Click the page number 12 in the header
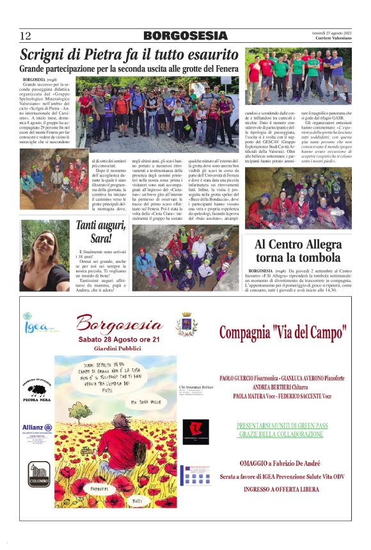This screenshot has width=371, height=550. [x=26, y=36]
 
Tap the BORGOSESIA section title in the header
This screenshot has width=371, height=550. [x=185, y=36]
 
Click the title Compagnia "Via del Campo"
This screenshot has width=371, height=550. [x=282, y=333]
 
